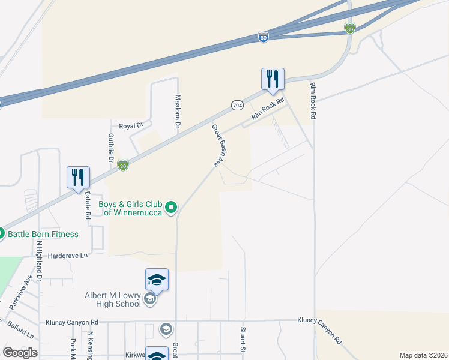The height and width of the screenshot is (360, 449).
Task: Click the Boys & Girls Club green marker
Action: click(171, 208)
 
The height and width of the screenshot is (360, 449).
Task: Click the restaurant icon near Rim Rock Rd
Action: click(272, 79)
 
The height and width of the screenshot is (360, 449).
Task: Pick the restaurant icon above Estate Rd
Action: click(78, 178)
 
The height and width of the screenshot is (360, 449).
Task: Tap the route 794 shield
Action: click(237, 105)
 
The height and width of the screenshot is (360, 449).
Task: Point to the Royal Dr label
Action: click(131, 126)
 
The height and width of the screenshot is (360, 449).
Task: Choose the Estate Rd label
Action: click(88, 205)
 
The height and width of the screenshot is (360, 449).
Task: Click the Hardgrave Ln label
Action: click(67, 256)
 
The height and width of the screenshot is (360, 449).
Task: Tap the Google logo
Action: click(20, 353)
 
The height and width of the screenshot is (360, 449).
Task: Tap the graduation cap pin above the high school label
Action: click(157, 280)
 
